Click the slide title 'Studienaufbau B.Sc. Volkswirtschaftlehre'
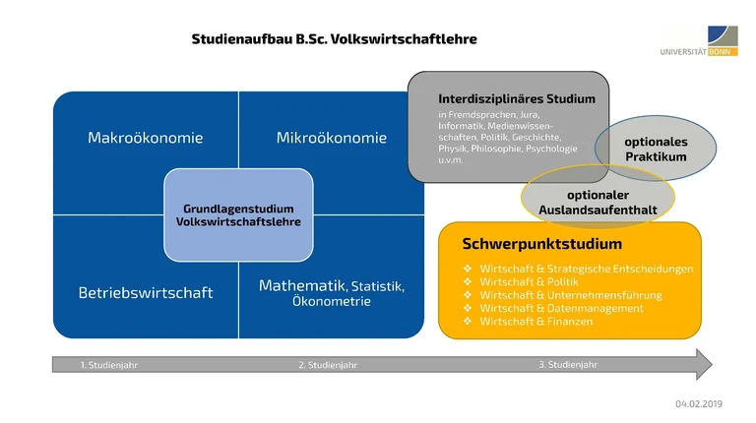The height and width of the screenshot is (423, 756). [x=334, y=39]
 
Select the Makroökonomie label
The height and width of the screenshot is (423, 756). [x=145, y=138]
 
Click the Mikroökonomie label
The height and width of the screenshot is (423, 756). [x=332, y=138]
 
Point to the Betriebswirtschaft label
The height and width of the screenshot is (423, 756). [x=145, y=293]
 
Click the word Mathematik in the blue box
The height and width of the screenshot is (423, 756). [x=301, y=285]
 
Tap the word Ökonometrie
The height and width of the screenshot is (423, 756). [x=332, y=302]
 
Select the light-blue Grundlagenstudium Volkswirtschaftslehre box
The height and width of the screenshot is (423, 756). [x=238, y=215]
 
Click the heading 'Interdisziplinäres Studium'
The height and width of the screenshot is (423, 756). [x=509, y=99]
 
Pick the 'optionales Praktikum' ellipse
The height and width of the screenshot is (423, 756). [x=656, y=149]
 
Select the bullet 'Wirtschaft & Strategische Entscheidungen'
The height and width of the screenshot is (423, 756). [x=586, y=270]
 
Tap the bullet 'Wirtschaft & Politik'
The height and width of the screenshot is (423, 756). [x=531, y=282]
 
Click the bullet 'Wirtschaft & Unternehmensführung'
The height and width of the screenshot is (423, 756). [x=570, y=295]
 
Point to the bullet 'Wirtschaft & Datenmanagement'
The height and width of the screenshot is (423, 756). [x=561, y=308]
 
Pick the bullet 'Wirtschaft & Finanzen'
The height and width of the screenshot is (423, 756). [x=535, y=321]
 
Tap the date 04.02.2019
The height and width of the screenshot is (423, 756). [x=699, y=404]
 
